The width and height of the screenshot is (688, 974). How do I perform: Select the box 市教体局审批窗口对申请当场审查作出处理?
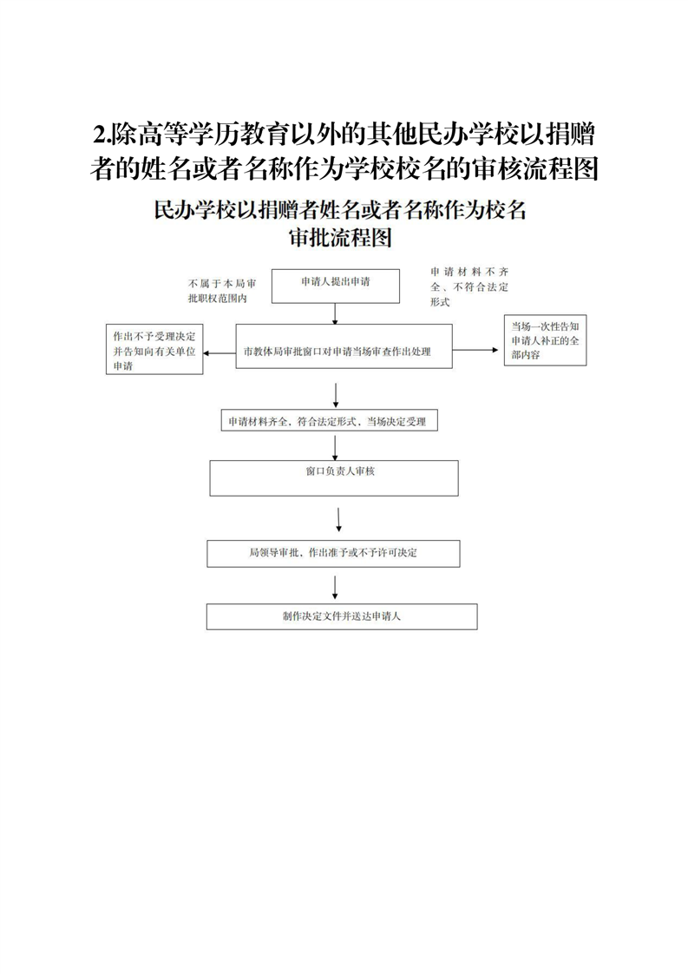click(x=344, y=352)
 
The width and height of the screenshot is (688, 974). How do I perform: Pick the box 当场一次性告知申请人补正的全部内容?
click(x=546, y=340)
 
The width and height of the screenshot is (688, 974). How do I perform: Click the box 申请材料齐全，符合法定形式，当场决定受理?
click(x=328, y=422)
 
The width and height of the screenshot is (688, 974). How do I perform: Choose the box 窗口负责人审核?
click(x=334, y=477)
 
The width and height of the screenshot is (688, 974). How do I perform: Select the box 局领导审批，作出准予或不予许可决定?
click(x=333, y=553)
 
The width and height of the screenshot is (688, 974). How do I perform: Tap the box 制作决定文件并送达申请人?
click(x=341, y=616)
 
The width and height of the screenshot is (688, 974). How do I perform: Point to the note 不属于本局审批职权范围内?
click(x=220, y=291)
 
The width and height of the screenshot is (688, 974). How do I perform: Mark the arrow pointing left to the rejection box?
click(x=220, y=352)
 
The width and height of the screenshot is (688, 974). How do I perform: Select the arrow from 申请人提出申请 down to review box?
click(x=337, y=313)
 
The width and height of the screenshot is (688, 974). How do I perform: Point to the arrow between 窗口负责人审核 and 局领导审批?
click(x=337, y=517)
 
